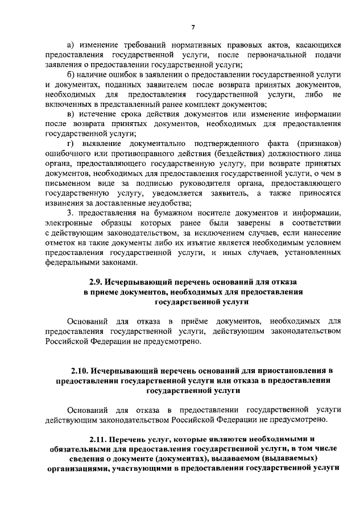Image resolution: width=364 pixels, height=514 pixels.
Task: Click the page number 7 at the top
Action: click(193, 27)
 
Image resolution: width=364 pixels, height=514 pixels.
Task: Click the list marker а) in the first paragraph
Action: click(71, 44)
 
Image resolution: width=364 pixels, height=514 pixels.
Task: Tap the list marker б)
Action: click(71, 74)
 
